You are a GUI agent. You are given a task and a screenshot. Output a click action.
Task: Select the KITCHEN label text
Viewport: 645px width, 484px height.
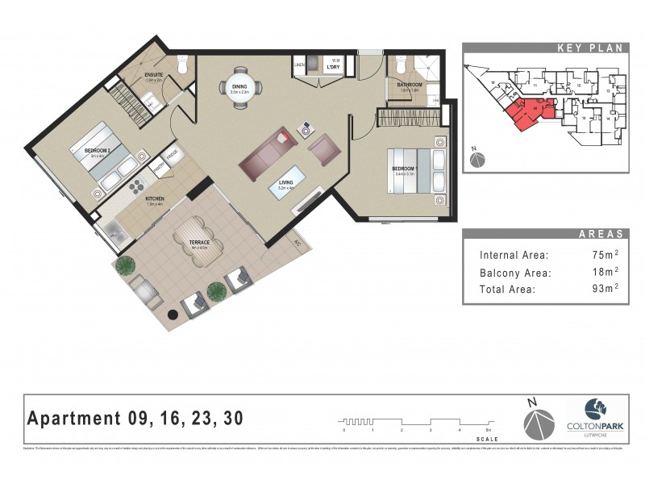tap(155, 198)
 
